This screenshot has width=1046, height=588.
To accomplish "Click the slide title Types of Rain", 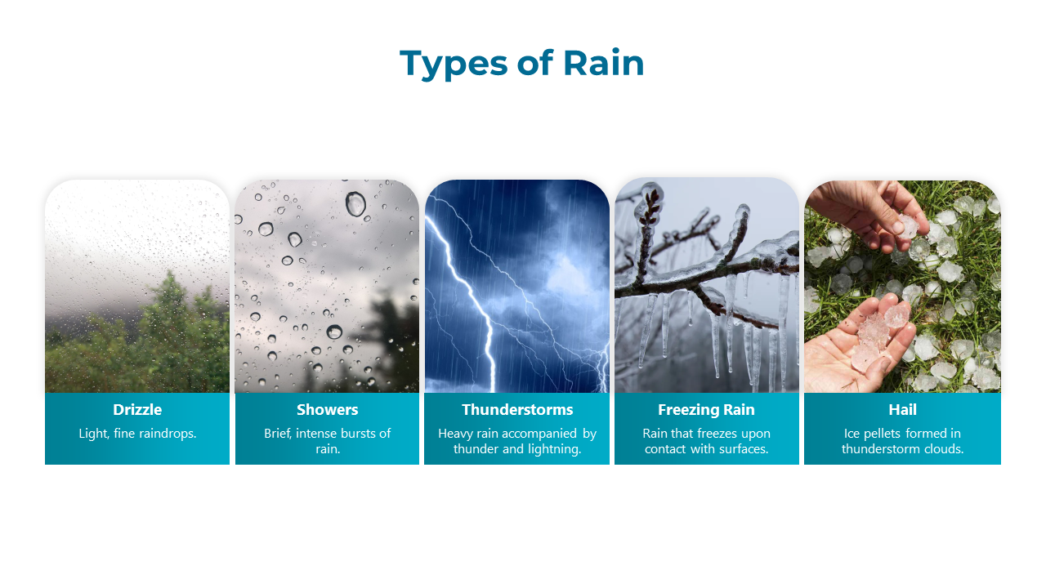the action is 522,63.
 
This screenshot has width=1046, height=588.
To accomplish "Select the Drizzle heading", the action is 137,410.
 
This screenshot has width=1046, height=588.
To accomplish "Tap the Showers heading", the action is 328,410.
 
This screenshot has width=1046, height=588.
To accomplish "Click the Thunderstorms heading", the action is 517,410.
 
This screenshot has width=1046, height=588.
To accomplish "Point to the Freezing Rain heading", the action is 706,410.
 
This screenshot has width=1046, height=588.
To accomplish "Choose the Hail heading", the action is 903,410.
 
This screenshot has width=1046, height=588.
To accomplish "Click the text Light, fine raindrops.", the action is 137,434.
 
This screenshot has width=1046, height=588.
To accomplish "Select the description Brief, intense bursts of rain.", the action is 328,441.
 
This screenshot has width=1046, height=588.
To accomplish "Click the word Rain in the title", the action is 604,63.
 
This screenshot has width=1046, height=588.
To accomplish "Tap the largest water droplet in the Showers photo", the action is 355,204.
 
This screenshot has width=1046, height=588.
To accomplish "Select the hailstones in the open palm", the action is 878,336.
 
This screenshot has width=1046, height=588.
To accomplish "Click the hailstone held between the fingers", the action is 908,226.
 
